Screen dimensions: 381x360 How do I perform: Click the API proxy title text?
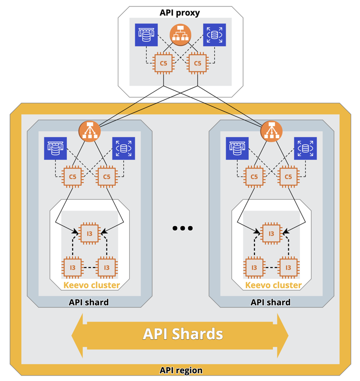[180, 13]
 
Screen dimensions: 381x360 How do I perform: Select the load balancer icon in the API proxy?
[180, 35]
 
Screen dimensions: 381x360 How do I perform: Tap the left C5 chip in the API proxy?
[164, 63]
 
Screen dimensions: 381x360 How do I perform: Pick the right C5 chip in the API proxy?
[197, 63]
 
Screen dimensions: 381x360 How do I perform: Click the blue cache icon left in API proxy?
[146, 35]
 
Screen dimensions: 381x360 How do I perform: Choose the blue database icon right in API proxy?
[215, 35]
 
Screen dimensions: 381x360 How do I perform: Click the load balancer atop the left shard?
[89, 131]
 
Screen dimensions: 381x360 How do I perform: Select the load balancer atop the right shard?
[271, 131]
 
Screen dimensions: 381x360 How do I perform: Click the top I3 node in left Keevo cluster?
[89, 234]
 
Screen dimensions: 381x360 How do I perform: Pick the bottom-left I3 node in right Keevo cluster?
[254, 267]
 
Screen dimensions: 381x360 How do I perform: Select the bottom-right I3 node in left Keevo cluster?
[107, 267]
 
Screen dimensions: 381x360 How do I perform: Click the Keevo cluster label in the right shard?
[274, 285]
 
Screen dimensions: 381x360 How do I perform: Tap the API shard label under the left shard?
[89, 302]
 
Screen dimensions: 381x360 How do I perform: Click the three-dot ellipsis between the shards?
[183, 228]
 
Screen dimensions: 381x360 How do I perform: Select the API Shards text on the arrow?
[183, 334]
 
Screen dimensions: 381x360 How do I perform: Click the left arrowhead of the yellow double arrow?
[79, 336]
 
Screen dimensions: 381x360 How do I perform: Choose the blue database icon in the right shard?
[305, 148]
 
